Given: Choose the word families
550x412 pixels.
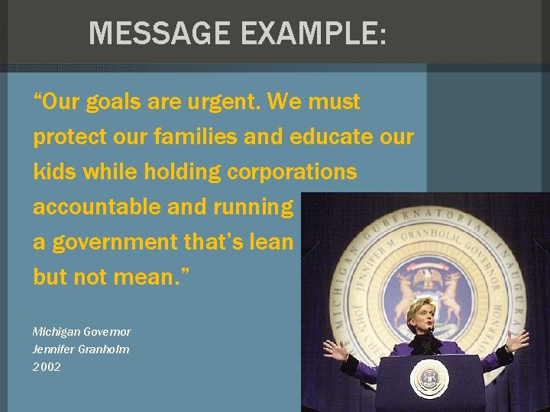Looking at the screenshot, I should coord(199,137).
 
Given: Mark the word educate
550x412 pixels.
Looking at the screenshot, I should coord(331,137).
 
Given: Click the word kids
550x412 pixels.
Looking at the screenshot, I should coord(53,172).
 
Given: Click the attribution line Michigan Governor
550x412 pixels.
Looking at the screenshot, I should coord(82,332).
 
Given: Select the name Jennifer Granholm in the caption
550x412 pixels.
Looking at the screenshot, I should coord(81,349).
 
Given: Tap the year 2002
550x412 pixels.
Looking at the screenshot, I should coord(47,367).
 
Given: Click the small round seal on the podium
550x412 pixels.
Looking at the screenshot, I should coord(429,378).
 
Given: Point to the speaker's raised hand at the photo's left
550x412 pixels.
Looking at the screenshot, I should coord(334,349).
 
